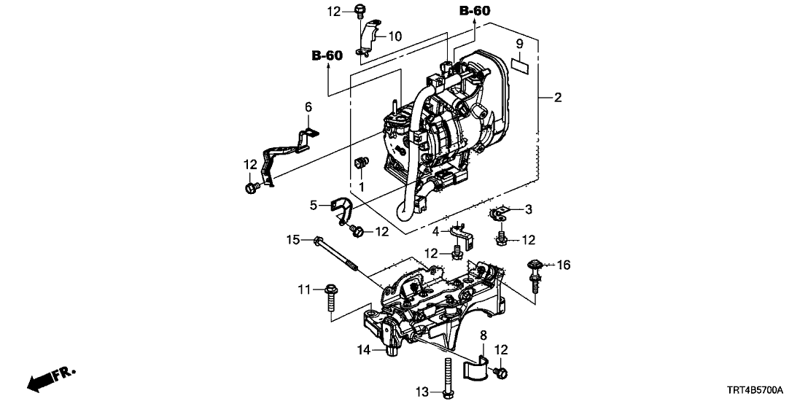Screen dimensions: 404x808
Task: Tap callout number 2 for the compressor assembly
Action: (x=558, y=98)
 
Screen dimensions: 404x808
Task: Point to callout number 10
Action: (x=394, y=36)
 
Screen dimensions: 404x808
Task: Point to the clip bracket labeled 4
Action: (x=459, y=232)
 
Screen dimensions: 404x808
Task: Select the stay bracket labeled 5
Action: (x=338, y=208)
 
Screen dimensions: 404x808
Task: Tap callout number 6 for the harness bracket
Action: (x=308, y=107)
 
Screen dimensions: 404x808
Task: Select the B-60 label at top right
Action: (x=475, y=10)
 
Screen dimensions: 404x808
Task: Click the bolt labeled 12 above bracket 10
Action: (x=360, y=10)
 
